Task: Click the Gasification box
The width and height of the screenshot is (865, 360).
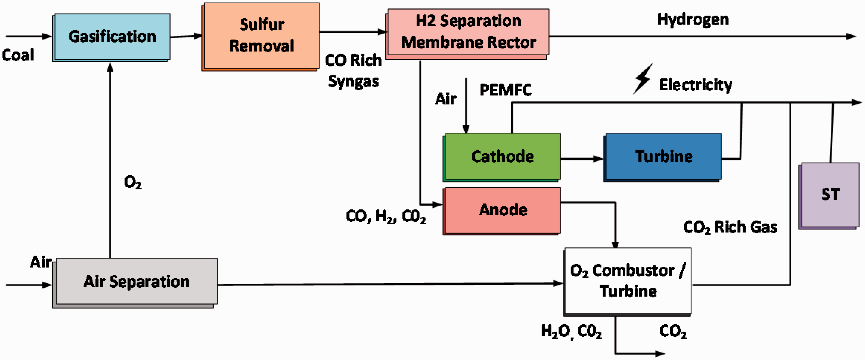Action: [112, 37]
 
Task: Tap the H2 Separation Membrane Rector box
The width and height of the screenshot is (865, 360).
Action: [467, 34]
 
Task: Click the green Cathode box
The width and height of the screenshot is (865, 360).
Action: [502, 157]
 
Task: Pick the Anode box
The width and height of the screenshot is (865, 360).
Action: [502, 211]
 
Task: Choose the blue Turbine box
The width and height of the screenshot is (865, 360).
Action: [663, 157]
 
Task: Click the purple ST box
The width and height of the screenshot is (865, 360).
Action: [829, 196]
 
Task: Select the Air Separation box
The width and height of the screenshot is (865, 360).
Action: [135, 283]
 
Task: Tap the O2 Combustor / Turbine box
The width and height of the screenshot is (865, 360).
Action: [628, 281]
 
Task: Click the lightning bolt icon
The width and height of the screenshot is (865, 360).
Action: [643, 79]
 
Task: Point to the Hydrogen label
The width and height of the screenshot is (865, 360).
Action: [693, 20]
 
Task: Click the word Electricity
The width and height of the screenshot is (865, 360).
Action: [695, 85]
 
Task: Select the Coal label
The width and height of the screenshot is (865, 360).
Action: [18, 55]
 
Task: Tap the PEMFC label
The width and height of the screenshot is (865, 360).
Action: [505, 90]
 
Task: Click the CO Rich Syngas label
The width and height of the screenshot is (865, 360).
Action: [353, 71]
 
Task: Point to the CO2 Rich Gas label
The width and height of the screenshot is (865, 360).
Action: [730, 227]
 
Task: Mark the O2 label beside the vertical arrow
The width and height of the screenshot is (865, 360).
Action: [133, 182]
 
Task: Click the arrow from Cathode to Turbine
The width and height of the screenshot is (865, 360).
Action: [582, 159]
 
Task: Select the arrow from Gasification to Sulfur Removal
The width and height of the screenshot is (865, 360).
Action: [186, 36]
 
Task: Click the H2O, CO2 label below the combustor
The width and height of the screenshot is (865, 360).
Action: [571, 332]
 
